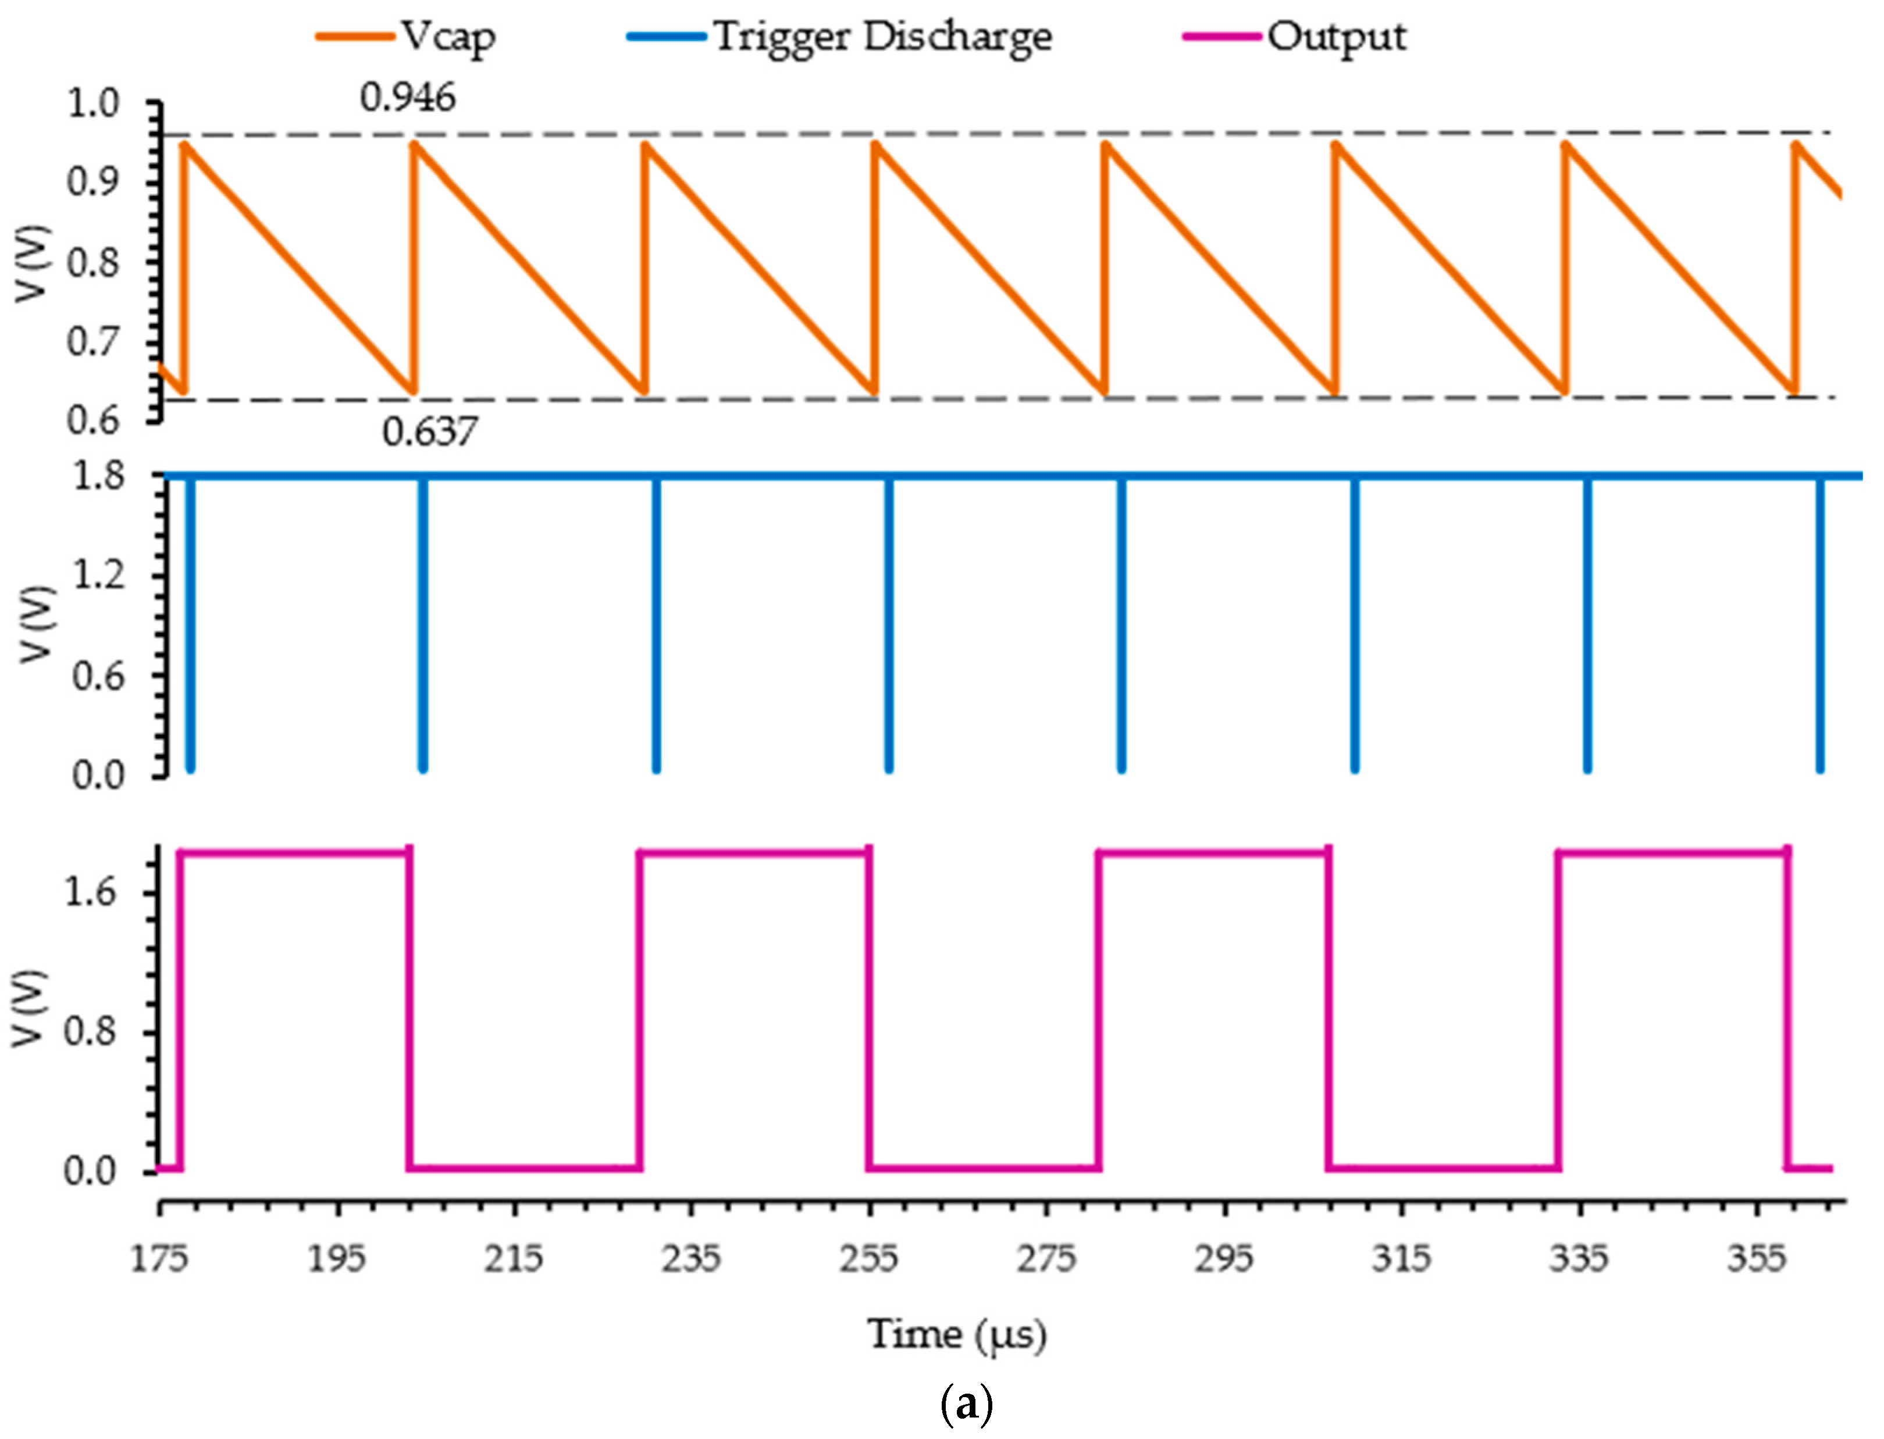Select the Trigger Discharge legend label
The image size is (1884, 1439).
click(x=882, y=37)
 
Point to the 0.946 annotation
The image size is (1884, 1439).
click(x=407, y=98)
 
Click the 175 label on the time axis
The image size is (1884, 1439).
click(x=159, y=1259)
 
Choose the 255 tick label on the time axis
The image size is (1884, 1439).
click(x=869, y=1259)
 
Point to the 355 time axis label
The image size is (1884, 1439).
click(x=1757, y=1259)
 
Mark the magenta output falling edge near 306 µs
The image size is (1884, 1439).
click(x=1328, y=1010)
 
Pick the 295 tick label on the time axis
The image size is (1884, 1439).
click(x=1223, y=1259)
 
